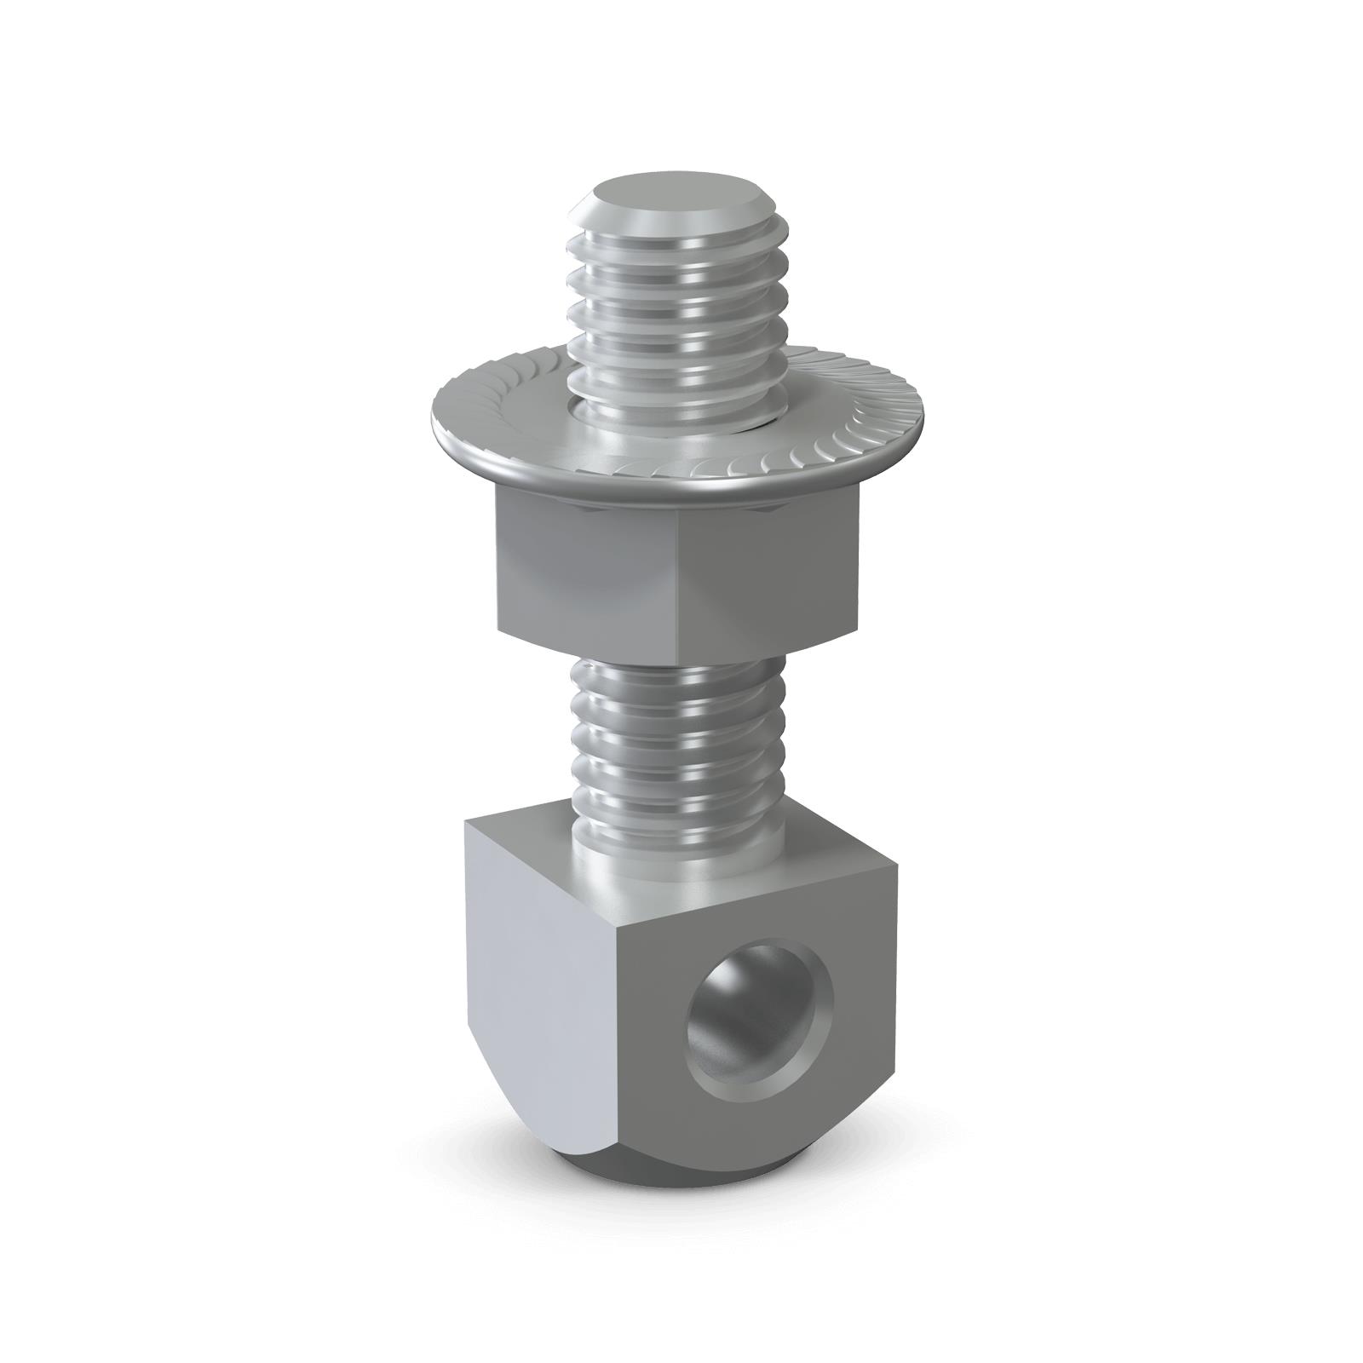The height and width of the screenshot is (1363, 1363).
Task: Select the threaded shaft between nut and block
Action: (673, 733)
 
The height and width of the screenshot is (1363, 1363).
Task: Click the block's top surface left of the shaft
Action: (528, 831)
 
